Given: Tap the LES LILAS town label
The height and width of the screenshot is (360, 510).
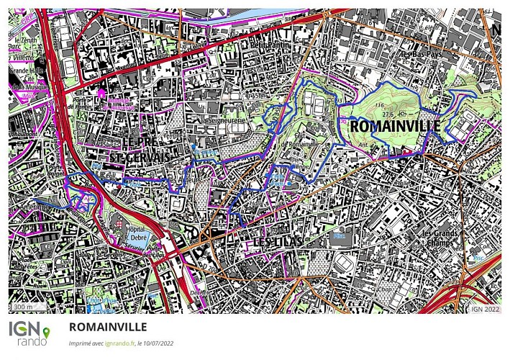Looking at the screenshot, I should [278, 243].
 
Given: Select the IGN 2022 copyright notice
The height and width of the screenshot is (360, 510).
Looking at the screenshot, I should [485, 308].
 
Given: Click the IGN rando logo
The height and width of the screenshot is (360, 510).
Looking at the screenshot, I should [29, 333].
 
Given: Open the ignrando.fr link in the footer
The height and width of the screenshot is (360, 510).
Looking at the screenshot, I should [119, 343].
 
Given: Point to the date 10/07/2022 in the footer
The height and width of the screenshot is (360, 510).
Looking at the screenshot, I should [156, 343].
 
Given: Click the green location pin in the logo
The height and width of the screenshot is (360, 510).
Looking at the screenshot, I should [47, 332].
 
